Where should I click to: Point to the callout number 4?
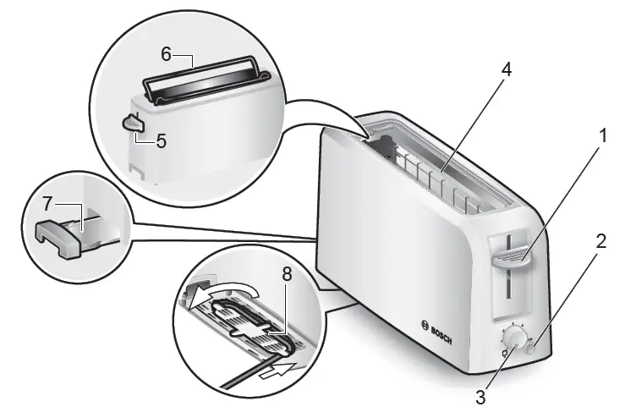506,70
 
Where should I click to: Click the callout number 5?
160,140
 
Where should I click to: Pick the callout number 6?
167,53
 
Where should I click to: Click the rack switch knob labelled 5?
133,124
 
